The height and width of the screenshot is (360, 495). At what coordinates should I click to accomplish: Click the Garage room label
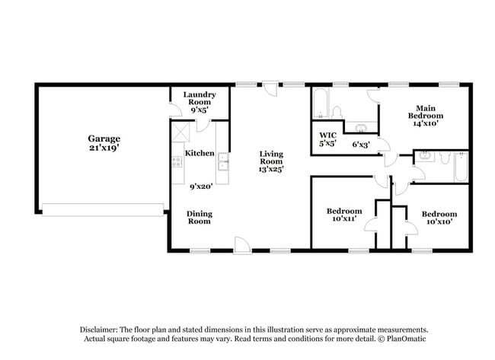[x=104, y=139]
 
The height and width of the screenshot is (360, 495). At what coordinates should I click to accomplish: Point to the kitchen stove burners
[x=177, y=161]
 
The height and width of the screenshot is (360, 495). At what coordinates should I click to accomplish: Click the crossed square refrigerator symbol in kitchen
[x=179, y=131]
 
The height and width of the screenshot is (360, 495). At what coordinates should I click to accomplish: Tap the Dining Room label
[x=200, y=218]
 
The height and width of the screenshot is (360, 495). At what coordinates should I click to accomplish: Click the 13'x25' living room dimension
[x=270, y=170]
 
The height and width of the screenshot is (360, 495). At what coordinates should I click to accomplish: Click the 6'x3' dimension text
[x=361, y=144]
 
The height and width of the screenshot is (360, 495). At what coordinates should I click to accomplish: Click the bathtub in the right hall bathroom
[x=459, y=167]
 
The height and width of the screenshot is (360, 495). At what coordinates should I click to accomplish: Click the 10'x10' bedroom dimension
[x=439, y=223]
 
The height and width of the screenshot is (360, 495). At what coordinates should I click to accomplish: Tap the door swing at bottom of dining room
[x=241, y=245]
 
